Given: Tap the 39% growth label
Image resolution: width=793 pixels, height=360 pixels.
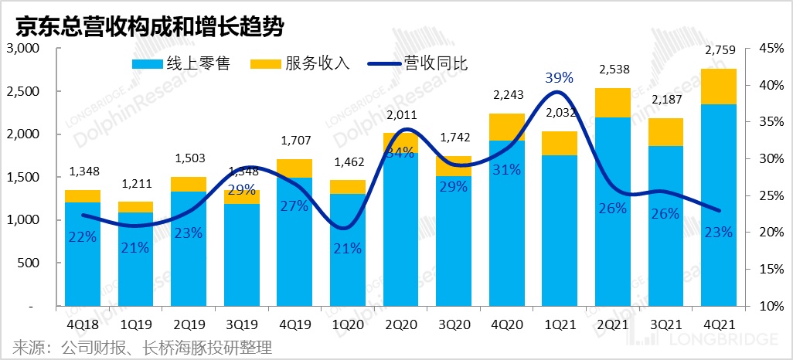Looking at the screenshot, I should (559, 78).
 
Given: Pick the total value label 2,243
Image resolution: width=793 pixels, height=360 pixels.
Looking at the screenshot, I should (506, 96).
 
